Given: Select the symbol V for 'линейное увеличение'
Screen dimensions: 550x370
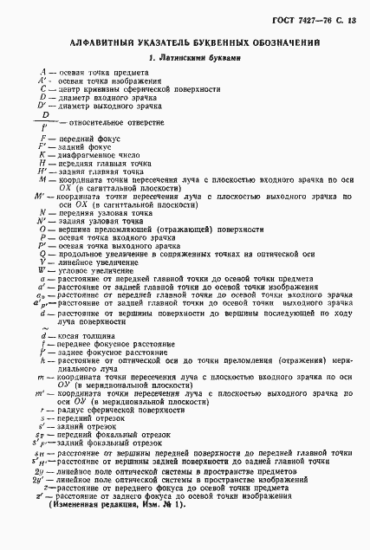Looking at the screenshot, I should pyautogui.click(x=42, y=262).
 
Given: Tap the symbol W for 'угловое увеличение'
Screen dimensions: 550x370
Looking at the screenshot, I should pyautogui.click(x=41, y=271).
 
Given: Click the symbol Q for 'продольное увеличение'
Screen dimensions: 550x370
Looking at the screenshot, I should pyautogui.click(x=42, y=255).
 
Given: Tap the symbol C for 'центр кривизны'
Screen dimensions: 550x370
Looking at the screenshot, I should pyautogui.click(x=42, y=88).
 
